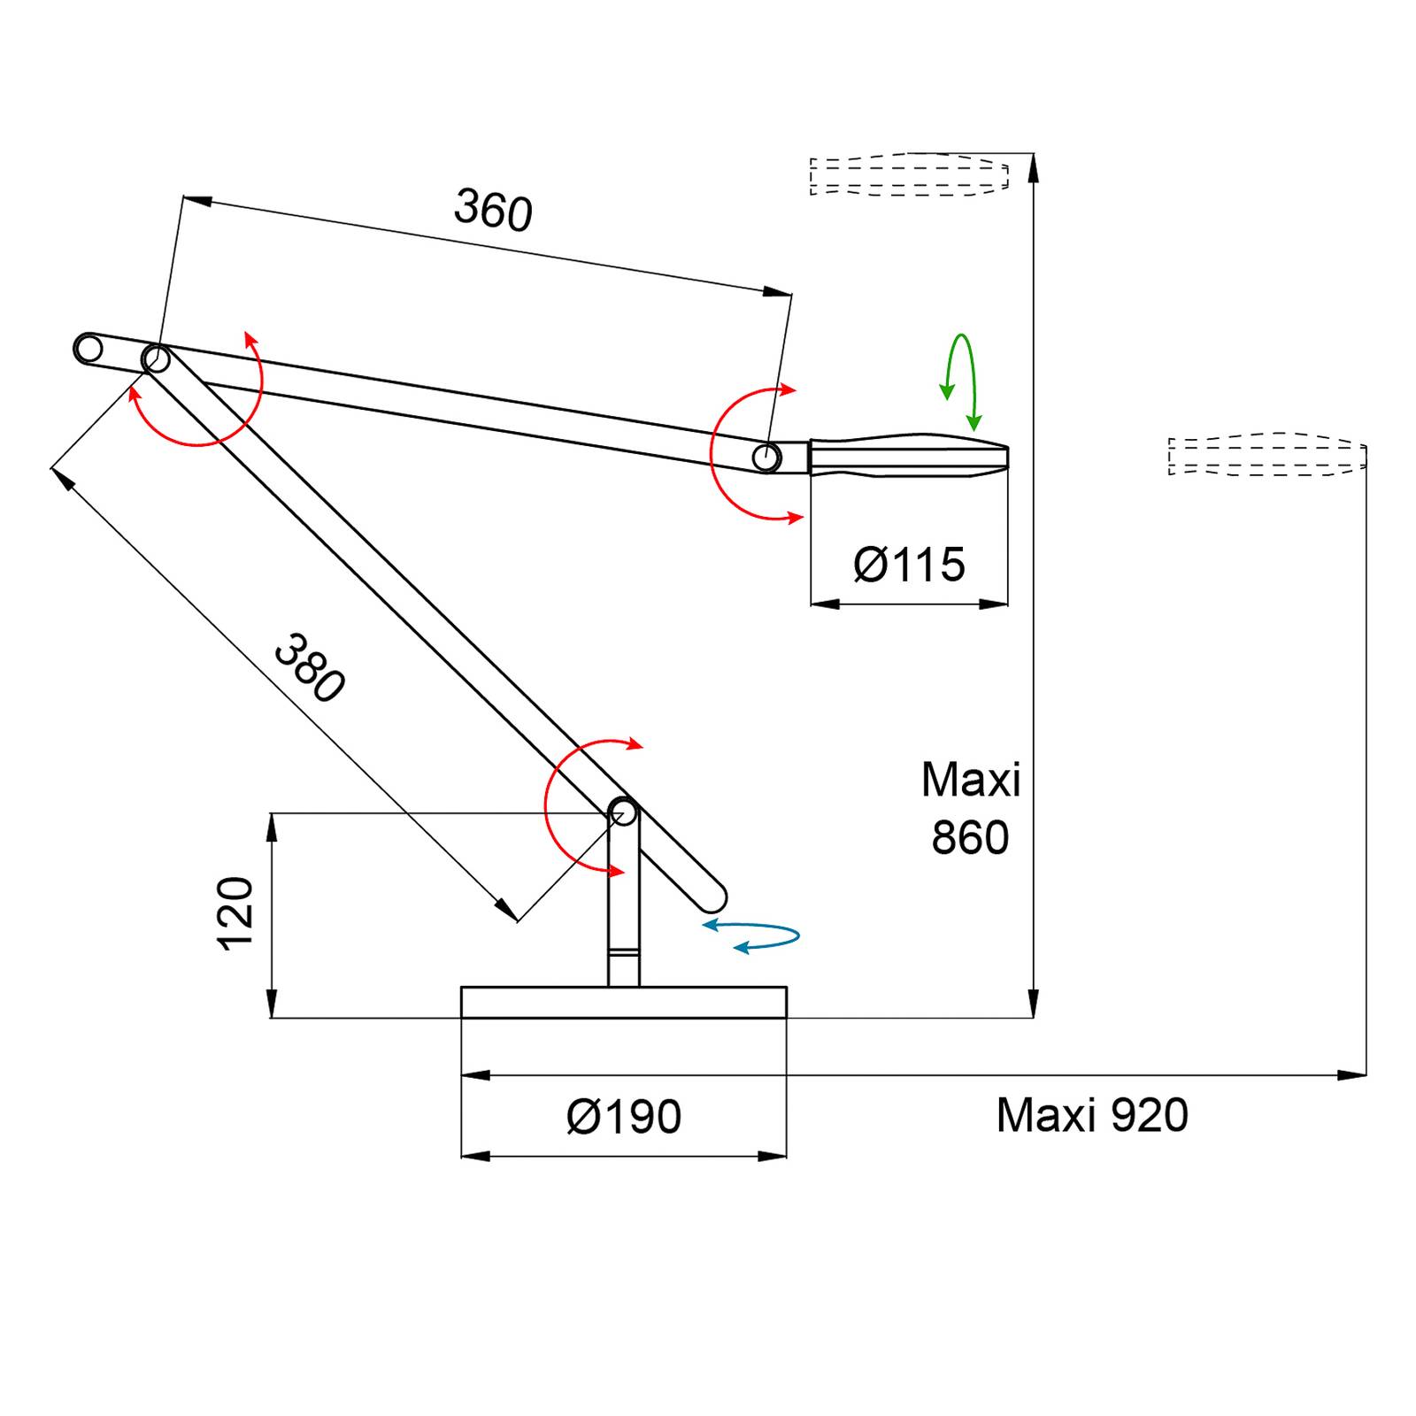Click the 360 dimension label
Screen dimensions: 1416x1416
[x=493, y=211]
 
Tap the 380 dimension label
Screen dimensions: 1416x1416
[x=309, y=669]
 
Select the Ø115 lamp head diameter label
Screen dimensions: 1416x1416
[x=909, y=566]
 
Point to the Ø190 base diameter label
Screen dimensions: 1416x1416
[x=624, y=1117]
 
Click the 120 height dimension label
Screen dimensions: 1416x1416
[x=236, y=914]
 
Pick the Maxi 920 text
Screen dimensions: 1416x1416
[x=1092, y=1115]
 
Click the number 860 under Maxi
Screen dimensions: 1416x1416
[x=970, y=837]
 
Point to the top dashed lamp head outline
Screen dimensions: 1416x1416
[x=909, y=174]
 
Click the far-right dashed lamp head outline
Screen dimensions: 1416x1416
[x=1266, y=455]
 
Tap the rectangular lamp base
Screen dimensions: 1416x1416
[x=624, y=1003]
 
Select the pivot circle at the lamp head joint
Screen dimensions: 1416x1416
[x=766, y=458]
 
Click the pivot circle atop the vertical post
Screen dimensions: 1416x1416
[x=623, y=812]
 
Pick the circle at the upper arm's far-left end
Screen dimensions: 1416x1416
[x=88, y=349]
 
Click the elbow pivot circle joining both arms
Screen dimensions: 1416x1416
[x=157, y=359]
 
